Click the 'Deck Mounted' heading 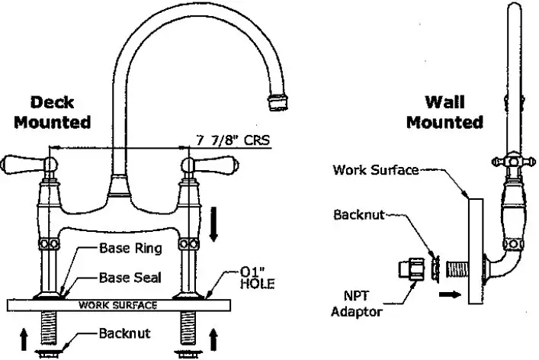point(60,112)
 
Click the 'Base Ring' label point(130,248)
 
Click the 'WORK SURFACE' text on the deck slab point(119,305)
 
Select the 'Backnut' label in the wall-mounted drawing point(359,214)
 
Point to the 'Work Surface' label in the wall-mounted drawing point(376,170)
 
